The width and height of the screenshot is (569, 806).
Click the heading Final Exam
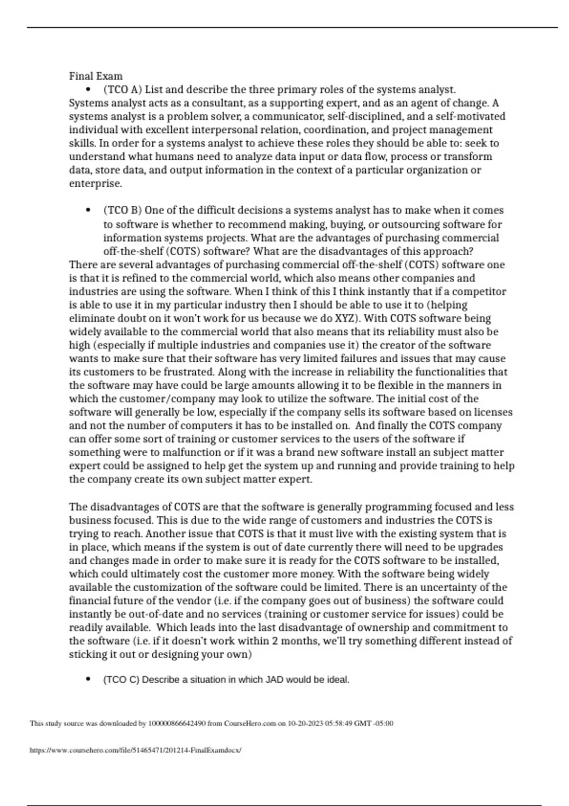tap(95, 76)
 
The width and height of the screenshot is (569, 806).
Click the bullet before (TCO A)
tap(88, 90)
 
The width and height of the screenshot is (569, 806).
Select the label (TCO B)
tap(122, 210)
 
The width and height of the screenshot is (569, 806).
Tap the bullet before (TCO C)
tap(88, 679)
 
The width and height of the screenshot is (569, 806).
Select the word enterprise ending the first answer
tap(95, 183)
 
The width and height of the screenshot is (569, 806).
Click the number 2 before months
tap(275, 641)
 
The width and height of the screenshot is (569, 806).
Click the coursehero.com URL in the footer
tap(135, 751)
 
